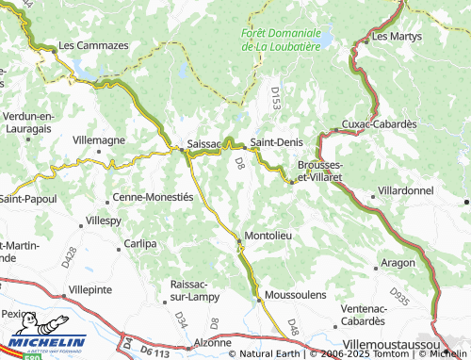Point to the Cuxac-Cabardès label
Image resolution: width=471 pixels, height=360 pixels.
click(x=378, y=124)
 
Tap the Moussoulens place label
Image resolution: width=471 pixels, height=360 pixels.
click(x=296, y=295)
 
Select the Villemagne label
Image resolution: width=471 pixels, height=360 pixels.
click(x=98, y=139)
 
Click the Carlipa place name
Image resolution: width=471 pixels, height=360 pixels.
click(x=140, y=243)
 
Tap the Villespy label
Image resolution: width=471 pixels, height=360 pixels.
click(x=104, y=220)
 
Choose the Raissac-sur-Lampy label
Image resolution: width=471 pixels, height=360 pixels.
click(x=196, y=289)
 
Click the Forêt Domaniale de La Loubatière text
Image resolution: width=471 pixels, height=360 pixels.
click(x=281, y=39)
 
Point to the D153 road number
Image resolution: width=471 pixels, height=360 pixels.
click(x=275, y=97)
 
